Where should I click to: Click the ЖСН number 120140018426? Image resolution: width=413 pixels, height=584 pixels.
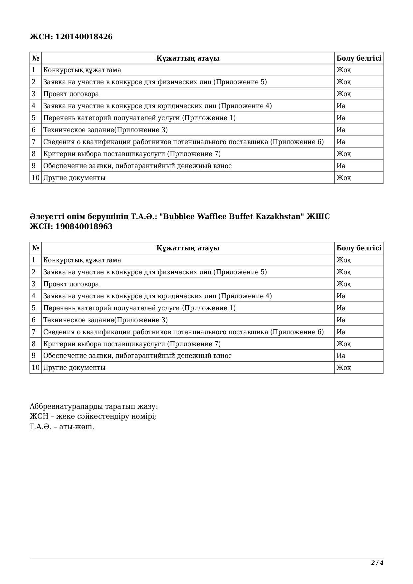(84, 37)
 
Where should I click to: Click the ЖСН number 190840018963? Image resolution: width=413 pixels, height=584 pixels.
(84, 227)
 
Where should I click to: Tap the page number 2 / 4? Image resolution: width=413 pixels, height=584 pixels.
(377, 563)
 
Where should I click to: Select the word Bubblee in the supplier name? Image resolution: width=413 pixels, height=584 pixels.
(178, 217)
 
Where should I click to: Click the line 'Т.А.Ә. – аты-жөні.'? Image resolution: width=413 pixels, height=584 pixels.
(62, 427)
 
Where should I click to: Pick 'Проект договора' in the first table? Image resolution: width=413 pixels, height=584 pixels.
(71, 94)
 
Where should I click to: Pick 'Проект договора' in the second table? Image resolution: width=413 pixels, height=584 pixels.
(71, 284)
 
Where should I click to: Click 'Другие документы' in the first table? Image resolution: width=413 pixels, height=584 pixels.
(74, 178)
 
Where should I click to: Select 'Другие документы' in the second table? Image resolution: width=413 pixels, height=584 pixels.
(74, 368)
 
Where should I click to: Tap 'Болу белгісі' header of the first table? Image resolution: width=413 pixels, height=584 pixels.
(359, 58)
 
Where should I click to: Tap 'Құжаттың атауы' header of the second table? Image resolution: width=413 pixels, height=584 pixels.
(188, 248)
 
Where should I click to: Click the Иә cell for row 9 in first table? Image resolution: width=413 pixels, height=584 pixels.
(341, 166)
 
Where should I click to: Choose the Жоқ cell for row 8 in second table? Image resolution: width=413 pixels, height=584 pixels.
(343, 344)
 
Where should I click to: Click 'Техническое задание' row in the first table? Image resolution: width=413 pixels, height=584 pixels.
(105, 130)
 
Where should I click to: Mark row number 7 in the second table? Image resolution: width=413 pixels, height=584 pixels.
(34, 332)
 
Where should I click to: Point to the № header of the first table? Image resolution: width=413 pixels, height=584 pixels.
(36, 58)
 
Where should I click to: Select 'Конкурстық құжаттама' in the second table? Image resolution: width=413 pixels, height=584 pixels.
(82, 260)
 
